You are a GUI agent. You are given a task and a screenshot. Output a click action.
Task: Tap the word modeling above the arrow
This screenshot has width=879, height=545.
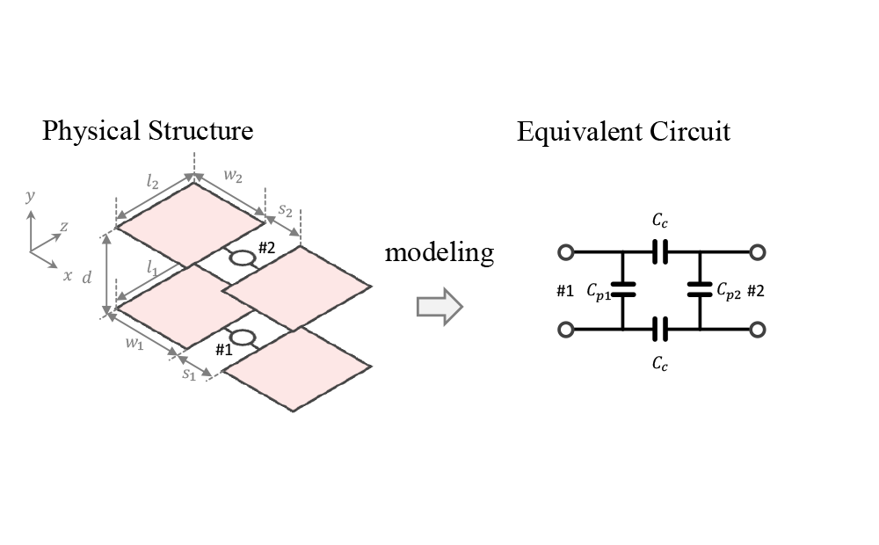(x=439, y=253)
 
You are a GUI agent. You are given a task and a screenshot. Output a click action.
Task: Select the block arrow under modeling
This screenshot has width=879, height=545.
(x=439, y=306)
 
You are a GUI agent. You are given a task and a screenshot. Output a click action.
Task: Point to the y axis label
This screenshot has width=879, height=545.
(x=30, y=196)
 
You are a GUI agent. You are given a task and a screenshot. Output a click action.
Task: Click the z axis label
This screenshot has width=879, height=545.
(x=63, y=227)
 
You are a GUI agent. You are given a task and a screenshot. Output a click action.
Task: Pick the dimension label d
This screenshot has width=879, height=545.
(x=86, y=278)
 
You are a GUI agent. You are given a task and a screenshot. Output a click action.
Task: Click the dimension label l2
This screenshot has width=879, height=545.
(x=152, y=183)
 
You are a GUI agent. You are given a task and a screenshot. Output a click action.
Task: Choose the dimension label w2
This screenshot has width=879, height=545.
(x=233, y=176)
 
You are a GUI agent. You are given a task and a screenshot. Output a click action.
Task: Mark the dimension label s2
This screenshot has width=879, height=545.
(x=287, y=211)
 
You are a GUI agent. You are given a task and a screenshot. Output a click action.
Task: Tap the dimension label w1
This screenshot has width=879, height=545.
(x=134, y=345)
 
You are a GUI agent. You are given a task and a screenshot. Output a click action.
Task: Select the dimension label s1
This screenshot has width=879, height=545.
(x=188, y=374)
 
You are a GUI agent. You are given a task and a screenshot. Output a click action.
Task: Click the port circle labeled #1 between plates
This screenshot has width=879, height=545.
(x=242, y=338)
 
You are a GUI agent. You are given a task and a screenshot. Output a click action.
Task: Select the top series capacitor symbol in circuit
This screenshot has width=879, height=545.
(x=660, y=253)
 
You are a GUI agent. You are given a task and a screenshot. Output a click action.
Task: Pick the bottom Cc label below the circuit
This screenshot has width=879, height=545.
(x=660, y=363)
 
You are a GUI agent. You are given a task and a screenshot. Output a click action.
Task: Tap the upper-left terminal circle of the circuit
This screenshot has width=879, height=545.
(x=566, y=253)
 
